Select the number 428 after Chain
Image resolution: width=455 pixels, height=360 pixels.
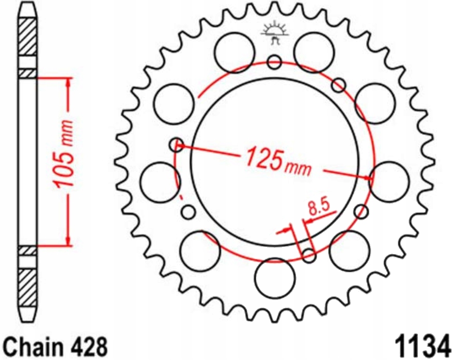(90, 347)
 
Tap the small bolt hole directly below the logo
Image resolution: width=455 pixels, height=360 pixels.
(275, 61)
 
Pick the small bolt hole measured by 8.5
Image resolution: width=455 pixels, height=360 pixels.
(309, 255)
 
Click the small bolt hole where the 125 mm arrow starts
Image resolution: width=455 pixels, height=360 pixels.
(177, 144)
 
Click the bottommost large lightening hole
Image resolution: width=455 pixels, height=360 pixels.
(275, 277)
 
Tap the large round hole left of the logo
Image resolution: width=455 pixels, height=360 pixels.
(235, 52)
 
